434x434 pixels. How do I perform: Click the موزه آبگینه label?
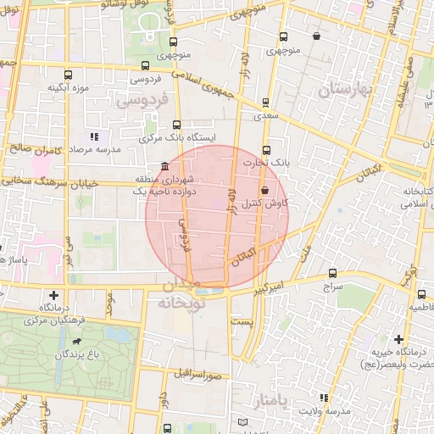pyautogui.click(x=70, y=87)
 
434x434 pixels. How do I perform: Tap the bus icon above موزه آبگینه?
pyautogui.click(x=68, y=74)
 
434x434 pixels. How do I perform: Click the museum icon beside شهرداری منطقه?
pyautogui.click(x=164, y=166)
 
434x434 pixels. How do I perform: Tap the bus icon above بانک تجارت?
pyautogui.click(x=267, y=148)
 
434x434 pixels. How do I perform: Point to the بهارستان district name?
pyautogui.click(x=348, y=89)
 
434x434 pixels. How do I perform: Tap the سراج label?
pyautogui.click(x=330, y=287)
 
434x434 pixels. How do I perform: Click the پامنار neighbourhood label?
pyautogui.click(x=278, y=398)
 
